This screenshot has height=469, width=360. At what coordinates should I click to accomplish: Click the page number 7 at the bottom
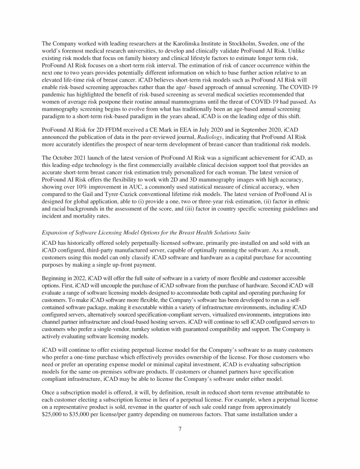(x=180, y=429)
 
